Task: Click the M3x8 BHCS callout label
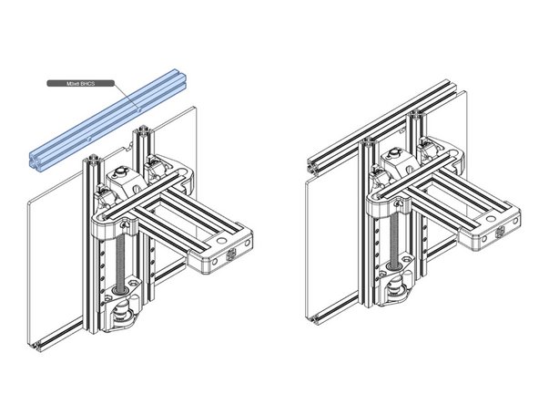coord(79,83)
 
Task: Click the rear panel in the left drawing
coord(55,255)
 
